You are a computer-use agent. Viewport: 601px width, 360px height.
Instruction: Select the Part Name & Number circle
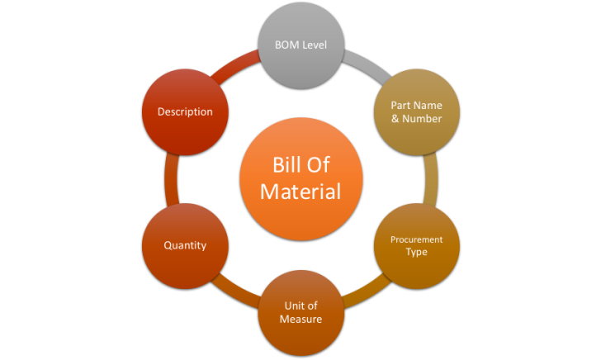coord(416,111)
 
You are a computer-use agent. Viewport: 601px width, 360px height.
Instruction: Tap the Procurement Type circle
coord(416,245)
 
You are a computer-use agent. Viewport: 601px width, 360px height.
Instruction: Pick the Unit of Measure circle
coord(300,312)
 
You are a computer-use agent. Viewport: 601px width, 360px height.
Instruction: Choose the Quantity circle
coord(185,245)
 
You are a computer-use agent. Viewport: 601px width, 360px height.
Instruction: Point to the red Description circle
coord(185,111)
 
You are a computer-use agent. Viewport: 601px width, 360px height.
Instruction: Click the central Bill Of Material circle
coord(300,178)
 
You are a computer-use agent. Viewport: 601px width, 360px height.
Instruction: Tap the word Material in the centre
coord(300,192)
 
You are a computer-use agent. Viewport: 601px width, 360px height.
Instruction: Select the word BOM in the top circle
coord(286,45)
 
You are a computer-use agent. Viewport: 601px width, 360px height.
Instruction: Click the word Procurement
coord(416,239)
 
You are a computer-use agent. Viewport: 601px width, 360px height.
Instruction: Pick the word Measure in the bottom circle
coord(300,319)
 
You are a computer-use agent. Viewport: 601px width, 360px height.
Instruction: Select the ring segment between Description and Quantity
coord(170,178)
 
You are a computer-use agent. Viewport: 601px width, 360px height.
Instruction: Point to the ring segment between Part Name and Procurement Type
coord(431,178)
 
